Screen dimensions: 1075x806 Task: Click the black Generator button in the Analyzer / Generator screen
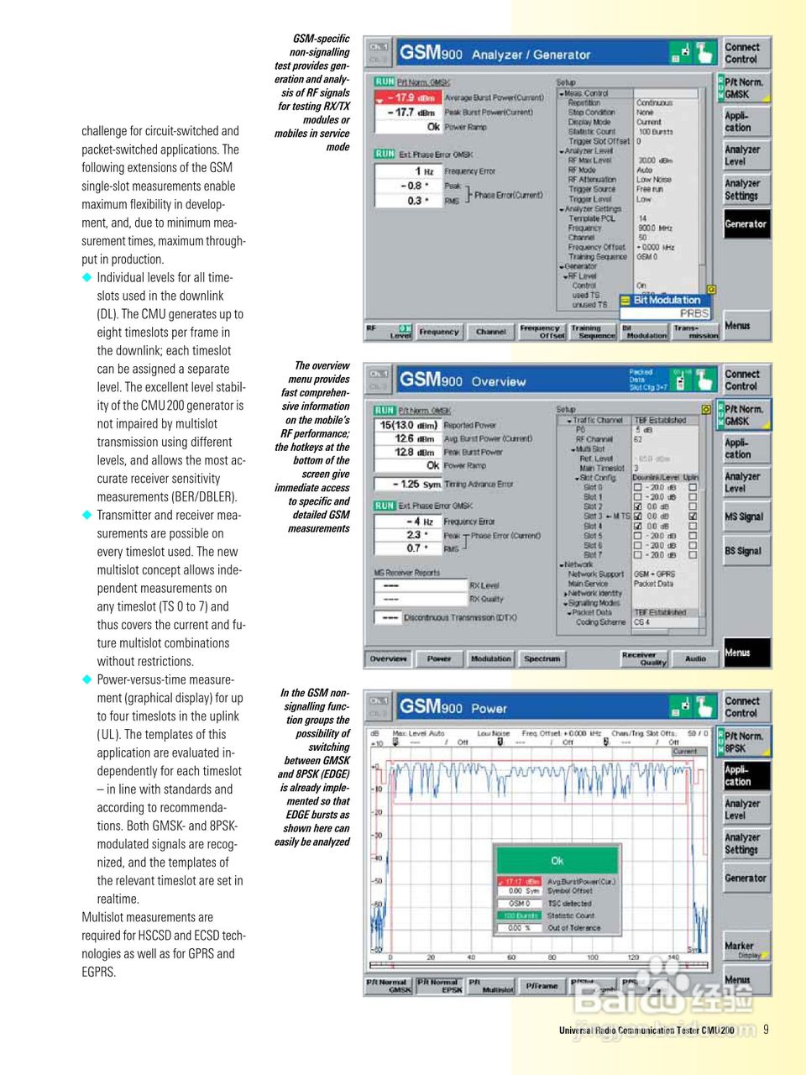[x=746, y=224]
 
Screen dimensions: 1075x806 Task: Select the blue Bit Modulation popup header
[x=666, y=300]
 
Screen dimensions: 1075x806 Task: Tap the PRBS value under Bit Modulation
[x=693, y=313]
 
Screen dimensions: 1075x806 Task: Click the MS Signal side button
[x=745, y=517]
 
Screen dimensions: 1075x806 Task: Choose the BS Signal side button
[x=744, y=551]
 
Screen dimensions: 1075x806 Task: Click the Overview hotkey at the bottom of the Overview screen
[x=388, y=659]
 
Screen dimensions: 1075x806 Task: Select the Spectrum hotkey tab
[x=542, y=659]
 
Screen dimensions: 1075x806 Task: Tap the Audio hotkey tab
[x=695, y=659]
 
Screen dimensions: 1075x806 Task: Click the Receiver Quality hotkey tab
[x=644, y=659]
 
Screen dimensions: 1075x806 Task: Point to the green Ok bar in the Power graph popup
[x=557, y=861]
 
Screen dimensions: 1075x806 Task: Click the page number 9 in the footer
[x=766, y=1029]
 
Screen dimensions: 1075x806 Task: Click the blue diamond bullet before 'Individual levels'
[x=86, y=277]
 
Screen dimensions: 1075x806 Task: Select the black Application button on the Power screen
[x=745, y=775]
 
